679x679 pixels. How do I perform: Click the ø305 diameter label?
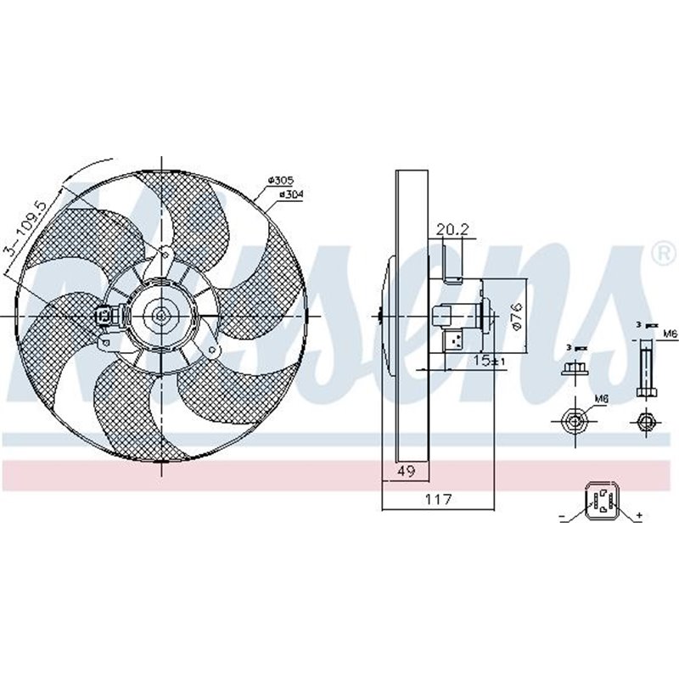tap(280, 180)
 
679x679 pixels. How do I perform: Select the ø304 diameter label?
tap(290, 194)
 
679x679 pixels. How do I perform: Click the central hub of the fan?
tap(161, 316)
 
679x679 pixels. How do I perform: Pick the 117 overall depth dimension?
tap(438, 500)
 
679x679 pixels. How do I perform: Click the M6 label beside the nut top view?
tap(601, 397)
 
